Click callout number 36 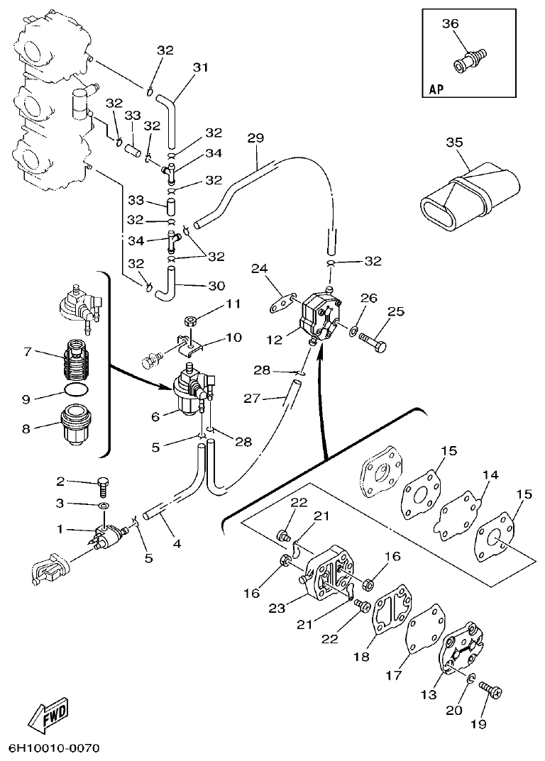[450, 24]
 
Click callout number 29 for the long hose [255, 138]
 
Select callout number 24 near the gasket [260, 268]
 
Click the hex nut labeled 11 [190, 321]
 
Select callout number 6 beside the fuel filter [155, 418]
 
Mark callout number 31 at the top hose [201, 68]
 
